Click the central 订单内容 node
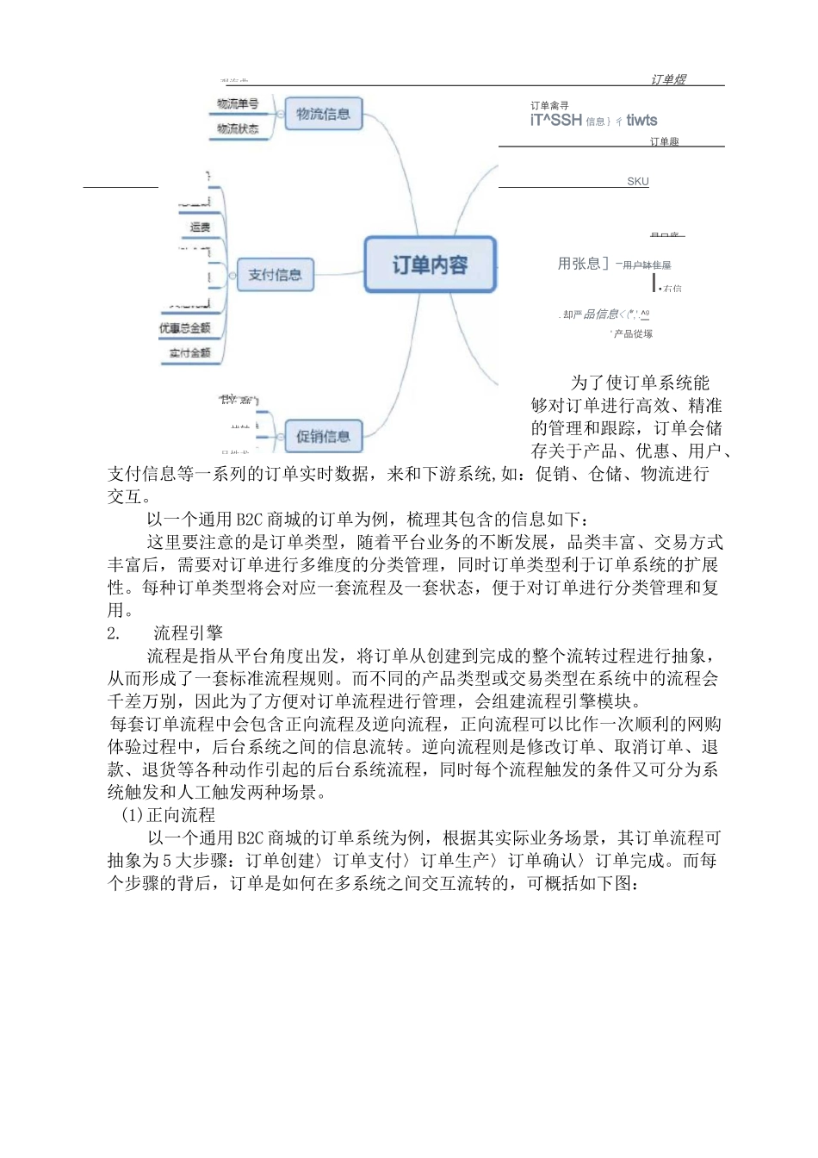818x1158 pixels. pyautogui.click(x=430, y=265)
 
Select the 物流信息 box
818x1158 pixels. pyautogui.click(x=323, y=114)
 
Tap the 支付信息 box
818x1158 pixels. pyautogui.click(x=275, y=275)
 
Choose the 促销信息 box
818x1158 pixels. pyautogui.click(x=323, y=436)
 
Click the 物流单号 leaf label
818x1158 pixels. pyautogui.click(x=238, y=104)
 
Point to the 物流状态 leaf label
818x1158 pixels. pyautogui.click(x=238, y=128)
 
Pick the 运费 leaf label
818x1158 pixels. pyautogui.click(x=200, y=227)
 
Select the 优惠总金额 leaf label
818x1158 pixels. pyautogui.click(x=184, y=328)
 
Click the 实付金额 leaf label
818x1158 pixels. pyautogui.click(x=189, y=352)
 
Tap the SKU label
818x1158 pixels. pyautogui.click(x=638, y=182)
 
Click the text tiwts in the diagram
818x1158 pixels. pyautogui.click(x=641, y=121)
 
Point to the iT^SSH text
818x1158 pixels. pyautogui.click(x=556, y=121)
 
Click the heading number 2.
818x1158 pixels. pyautogui.click(x=114, y=633)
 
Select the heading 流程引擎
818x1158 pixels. pyautogui.click(x=188, y=633)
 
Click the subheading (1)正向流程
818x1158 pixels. pyautogui.click(x=168, y=815)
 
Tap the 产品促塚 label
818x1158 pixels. pyautogui.click(x=632, y=333)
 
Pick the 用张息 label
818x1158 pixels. pyautogui.click(x=582, y=264)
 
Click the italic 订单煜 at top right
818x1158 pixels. pyautogui.click(x=668, y=79)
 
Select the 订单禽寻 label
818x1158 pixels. pyautogui.click(x=549, y=106)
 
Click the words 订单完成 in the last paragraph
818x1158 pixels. pyautogui.click(x=630, y=861)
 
